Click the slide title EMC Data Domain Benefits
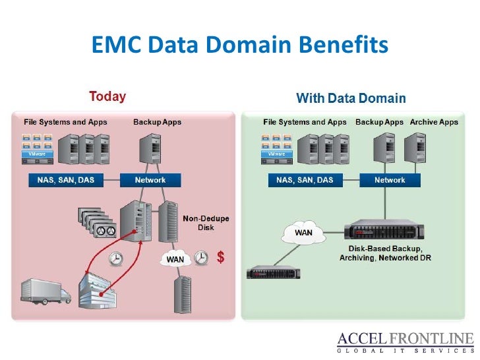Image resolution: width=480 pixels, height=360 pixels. pos(239,45)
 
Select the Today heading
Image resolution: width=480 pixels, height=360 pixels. pos(107,97)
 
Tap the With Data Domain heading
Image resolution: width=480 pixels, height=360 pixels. pos(351,99)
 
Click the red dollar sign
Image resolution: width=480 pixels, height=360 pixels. pos(221,258)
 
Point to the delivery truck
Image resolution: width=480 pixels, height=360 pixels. pos(45,291)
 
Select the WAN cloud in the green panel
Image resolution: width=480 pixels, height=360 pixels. pos(303,233)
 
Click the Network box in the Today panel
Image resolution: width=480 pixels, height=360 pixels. pos(150,180)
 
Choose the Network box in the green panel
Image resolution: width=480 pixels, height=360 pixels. pos(390,180)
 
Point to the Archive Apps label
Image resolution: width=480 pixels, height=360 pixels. pos(434,122)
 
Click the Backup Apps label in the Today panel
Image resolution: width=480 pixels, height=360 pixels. pos(157,122)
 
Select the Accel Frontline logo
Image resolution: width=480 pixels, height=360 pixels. pos(405,343)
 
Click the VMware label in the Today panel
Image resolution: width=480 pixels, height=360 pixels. pos(38,154)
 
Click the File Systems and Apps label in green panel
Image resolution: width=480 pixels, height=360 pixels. pos(305,122)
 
